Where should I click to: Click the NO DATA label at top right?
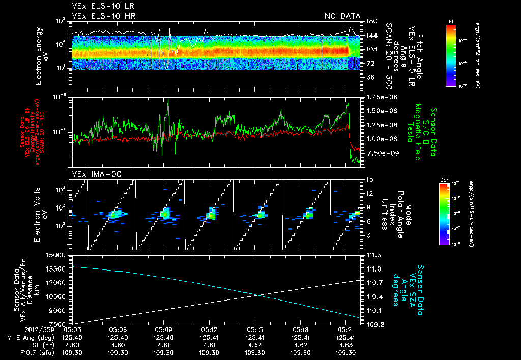342,16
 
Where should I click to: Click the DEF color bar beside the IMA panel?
444,213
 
